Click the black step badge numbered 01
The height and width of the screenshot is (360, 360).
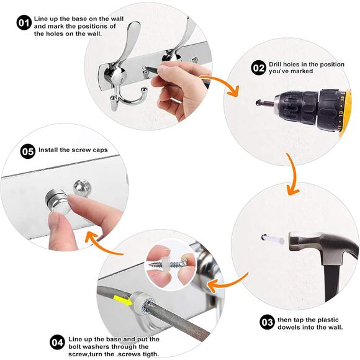pyautogui.click(x=24, y=23)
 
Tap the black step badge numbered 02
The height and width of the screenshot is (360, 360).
pyautogui.click(x=259, y=68)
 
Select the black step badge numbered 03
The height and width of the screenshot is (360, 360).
pyautogui.click(x=268, y=322)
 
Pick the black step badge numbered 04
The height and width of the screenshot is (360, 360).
pyautogui.click(x=57, y=343)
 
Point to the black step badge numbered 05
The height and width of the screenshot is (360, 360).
pyautogui.click(x=28, y=151)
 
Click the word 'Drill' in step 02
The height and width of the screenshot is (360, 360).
pyautogui.click(x=276, y=65)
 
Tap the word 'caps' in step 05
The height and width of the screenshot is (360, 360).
pyautogui.click(x=100, y=150)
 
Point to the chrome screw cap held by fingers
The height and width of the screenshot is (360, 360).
pyautogui.click(x=56, y=200)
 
